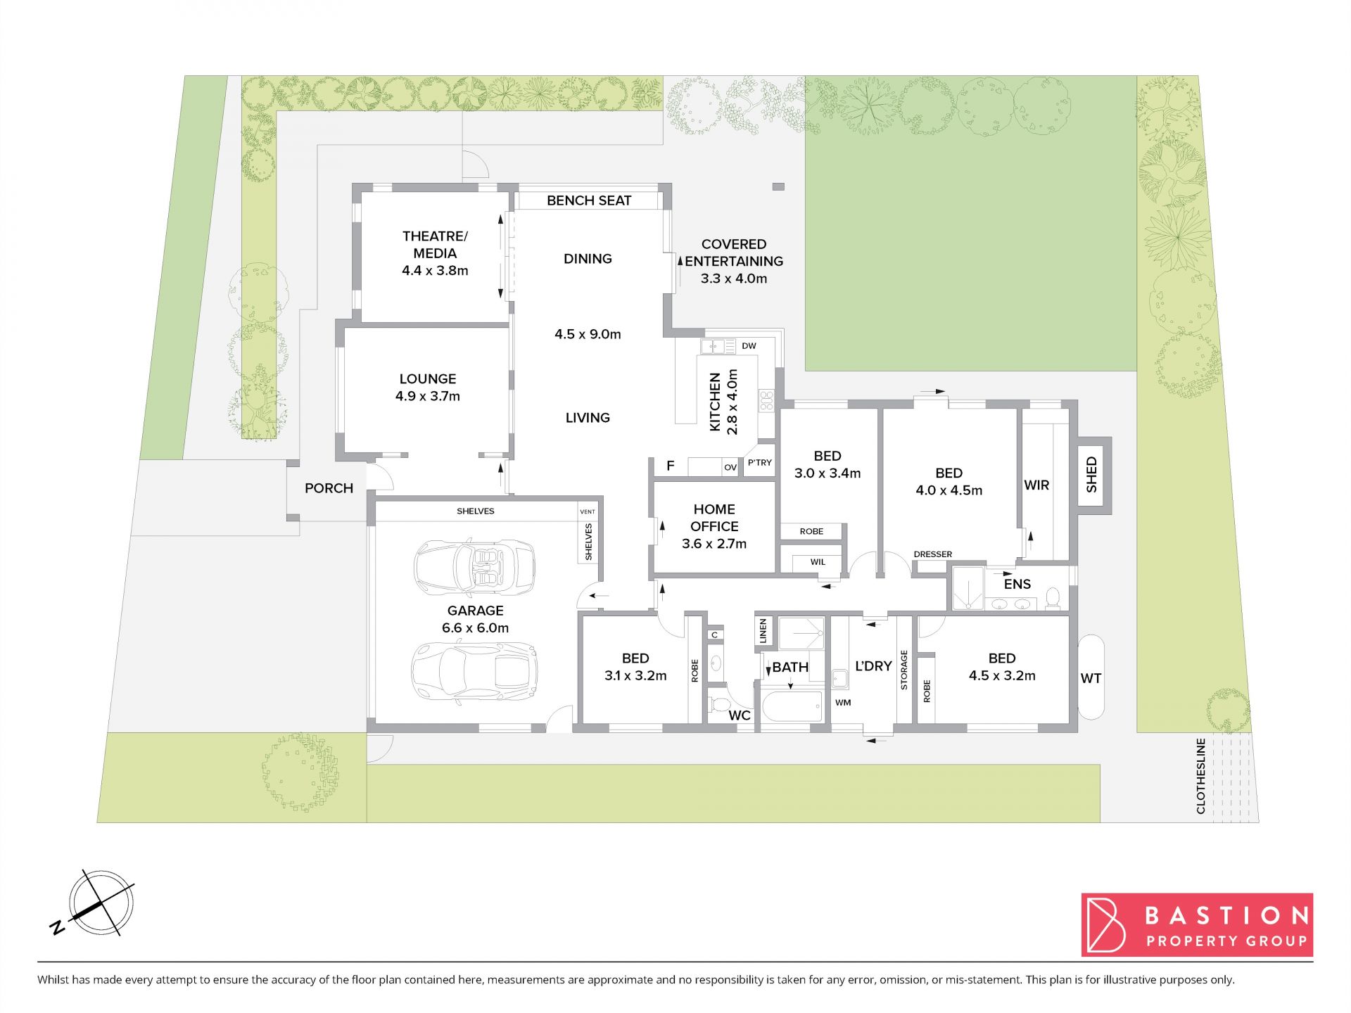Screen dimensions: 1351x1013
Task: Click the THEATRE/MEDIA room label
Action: pyautogui.click(x=435, y=245)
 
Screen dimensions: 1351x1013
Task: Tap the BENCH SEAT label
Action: pyautogui.click(x=589, y=200)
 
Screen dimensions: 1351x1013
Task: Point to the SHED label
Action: pyautogui.click(x=1091, y=475)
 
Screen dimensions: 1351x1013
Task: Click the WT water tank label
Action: pyautogui.click(x=1091, y=678)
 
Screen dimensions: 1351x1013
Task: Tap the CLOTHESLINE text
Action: pyautogui.click(x=1200, y=776)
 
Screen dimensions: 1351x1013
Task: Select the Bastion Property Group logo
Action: pyautogui.click(x=1197, y=924)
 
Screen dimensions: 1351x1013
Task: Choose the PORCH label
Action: pyautogui.click(x=329, y=488)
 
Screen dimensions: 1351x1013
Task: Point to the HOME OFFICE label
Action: pyautogui.click(x=714, y=518)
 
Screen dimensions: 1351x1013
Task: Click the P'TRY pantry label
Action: pyautogui.click(x=760, y=463)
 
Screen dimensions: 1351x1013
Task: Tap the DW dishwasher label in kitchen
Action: pyautogui.click(x=749, y=346)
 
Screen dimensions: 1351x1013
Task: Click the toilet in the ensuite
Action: pyautogui.click(x=1053, y=599)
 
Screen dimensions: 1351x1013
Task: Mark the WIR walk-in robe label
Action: pyautogui.click(x=1036, y=485)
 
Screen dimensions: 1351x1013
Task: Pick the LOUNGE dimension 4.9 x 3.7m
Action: pyautogui.click(x=428, y=396)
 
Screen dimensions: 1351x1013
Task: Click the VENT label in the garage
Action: pyautogui.click(x=588, y=511)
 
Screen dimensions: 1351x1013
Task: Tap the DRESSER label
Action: pyautogui.click(x=933, y=554)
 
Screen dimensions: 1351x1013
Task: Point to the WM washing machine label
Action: pyautogui.click(x=843, y=702)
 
